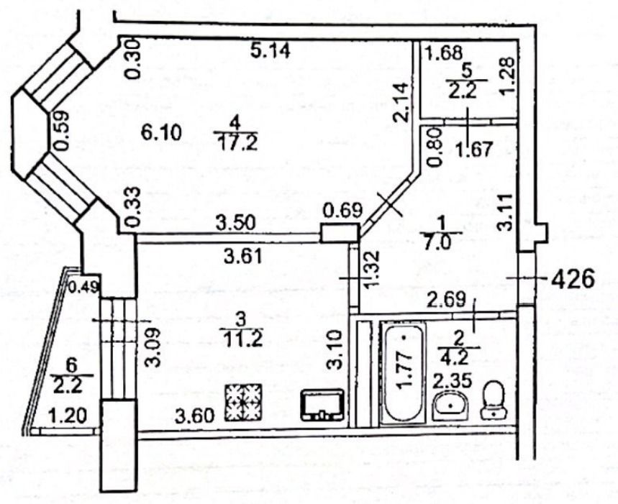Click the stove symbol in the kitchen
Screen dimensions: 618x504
click(243, 403)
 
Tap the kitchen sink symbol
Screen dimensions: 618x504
click(322, 405)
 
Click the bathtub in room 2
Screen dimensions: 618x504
click(404, 371)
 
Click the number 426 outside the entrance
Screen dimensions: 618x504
click(572, 279)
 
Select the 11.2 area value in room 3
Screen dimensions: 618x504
click(242, 339)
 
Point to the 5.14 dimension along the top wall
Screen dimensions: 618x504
click(271, 50)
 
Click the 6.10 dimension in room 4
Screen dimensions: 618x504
click(162, 133)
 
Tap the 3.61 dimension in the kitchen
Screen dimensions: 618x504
click(242, 257)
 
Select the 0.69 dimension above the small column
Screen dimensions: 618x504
click(342, 210)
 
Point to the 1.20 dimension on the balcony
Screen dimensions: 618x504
click(68, 416)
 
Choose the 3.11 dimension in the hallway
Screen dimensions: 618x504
click(506, 211)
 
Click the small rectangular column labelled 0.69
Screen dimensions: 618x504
click(340, 232)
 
